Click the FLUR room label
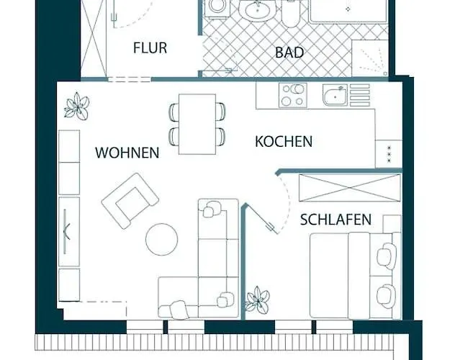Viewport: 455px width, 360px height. pos(150,48)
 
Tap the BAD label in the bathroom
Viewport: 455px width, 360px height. pos(289,53)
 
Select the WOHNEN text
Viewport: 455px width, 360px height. pos(127,153)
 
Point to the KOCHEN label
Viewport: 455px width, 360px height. pos(284,141)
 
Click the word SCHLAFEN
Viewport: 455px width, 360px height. pos(335,220)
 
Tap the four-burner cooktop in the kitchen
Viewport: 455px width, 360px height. pos(293,96)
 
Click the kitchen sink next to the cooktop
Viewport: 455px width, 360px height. pos(335,95)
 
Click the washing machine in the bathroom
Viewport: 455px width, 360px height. pos(215,9)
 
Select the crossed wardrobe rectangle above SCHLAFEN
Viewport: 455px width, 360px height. pos(349,188)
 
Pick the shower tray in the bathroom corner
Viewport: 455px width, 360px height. pos(370,56)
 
